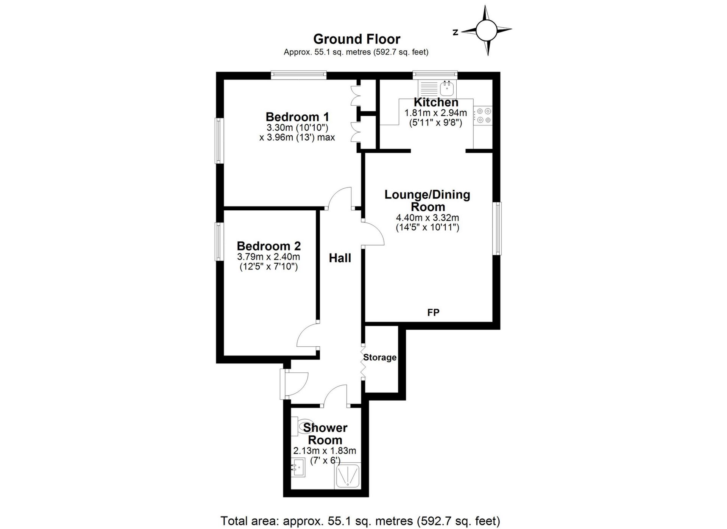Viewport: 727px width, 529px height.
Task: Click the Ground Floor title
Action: [357, 39]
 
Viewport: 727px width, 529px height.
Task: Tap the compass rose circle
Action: [486, 31]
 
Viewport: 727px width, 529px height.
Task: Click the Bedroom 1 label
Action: [297, 117]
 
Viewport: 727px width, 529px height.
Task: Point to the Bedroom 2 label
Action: [268, 246]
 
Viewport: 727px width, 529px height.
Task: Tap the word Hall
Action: [340, 258]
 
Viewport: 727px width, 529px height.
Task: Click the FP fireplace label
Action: [433, 313]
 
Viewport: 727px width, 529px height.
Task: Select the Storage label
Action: [380, 357]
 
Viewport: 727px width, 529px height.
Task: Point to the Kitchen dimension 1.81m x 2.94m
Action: [435, 113]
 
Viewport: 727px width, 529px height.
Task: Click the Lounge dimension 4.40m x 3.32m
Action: [427, 218]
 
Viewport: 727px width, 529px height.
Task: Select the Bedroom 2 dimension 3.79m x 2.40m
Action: [268, 257]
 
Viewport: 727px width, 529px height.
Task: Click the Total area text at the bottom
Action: [360, 521]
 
